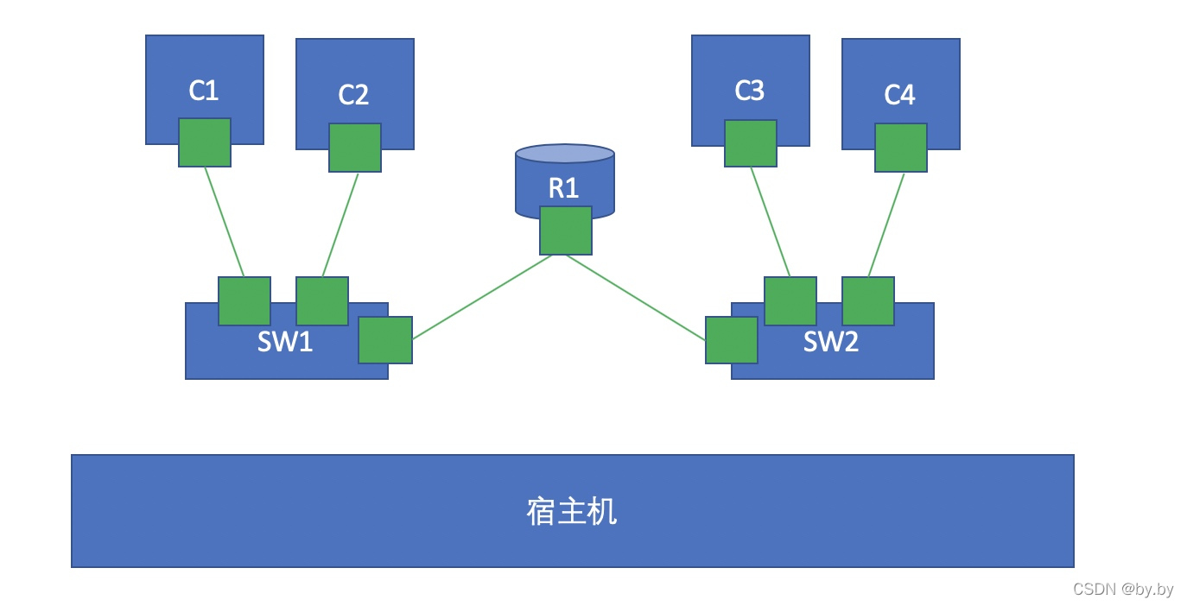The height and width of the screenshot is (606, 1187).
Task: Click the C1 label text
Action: click(204, 91)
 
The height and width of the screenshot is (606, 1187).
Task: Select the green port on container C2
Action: click(355, 148)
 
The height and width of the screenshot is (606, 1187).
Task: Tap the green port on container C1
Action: click(205, 142)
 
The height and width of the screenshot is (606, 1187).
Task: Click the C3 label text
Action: click(750, 91)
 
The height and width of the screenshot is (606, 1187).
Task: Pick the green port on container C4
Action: click(901, 148)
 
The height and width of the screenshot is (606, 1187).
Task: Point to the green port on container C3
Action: click(751, 143)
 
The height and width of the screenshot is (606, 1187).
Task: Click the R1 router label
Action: click(564, 188)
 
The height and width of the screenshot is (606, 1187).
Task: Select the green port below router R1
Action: click(566, 230)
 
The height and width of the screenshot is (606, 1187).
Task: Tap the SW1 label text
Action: click(285, 343)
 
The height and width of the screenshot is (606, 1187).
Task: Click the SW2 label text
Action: click(831, 343)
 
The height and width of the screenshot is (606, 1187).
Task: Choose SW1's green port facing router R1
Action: click(385, 340)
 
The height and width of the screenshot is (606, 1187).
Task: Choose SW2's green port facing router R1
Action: click(732, 340)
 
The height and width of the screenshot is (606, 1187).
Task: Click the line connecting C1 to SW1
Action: click(225, 222)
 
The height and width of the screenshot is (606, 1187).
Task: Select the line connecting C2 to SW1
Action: click(340, 225)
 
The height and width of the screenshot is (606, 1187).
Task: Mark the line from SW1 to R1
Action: click(482, 297)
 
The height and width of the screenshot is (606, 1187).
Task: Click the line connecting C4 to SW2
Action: click(886, 225)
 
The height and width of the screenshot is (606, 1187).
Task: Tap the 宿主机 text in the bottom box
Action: click(572, 511)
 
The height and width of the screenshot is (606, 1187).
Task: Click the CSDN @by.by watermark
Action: click(1122, 590)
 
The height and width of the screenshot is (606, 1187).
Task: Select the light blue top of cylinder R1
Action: click(565, 154)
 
